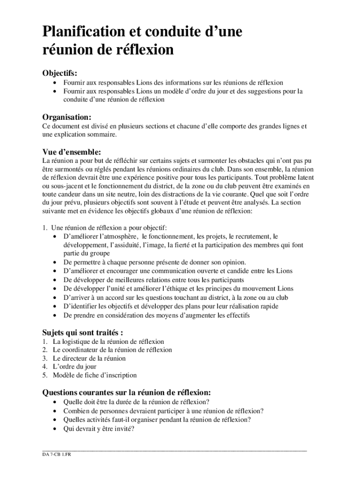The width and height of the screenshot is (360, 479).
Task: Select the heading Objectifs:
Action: [60, 73]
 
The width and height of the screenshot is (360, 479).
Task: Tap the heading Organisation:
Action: [67, 116]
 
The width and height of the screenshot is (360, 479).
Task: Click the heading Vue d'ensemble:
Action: [72, 152]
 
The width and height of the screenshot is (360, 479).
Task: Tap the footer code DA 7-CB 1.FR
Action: [56, 454]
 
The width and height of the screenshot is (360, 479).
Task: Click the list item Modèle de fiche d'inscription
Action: [94, 375]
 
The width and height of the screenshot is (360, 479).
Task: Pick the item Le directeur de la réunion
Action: [89, 358]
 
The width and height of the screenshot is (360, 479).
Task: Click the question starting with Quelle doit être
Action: [136, 402]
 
